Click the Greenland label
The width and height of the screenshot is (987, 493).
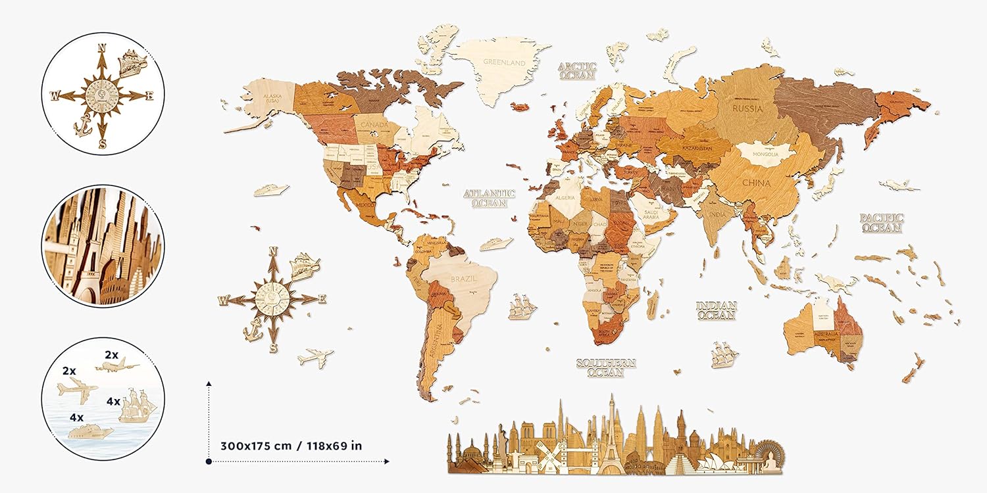[504, 62]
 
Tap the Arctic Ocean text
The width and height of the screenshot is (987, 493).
[577, 71]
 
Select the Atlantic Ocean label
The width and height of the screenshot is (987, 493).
[489, 198]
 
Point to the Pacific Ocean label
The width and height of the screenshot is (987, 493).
[882, 223]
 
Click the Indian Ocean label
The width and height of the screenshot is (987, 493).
[717, 310]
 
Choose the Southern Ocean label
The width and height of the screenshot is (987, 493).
[606, 367]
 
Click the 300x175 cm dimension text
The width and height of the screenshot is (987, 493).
[285, 445]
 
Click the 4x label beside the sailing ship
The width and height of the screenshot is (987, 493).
[114, 401]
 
